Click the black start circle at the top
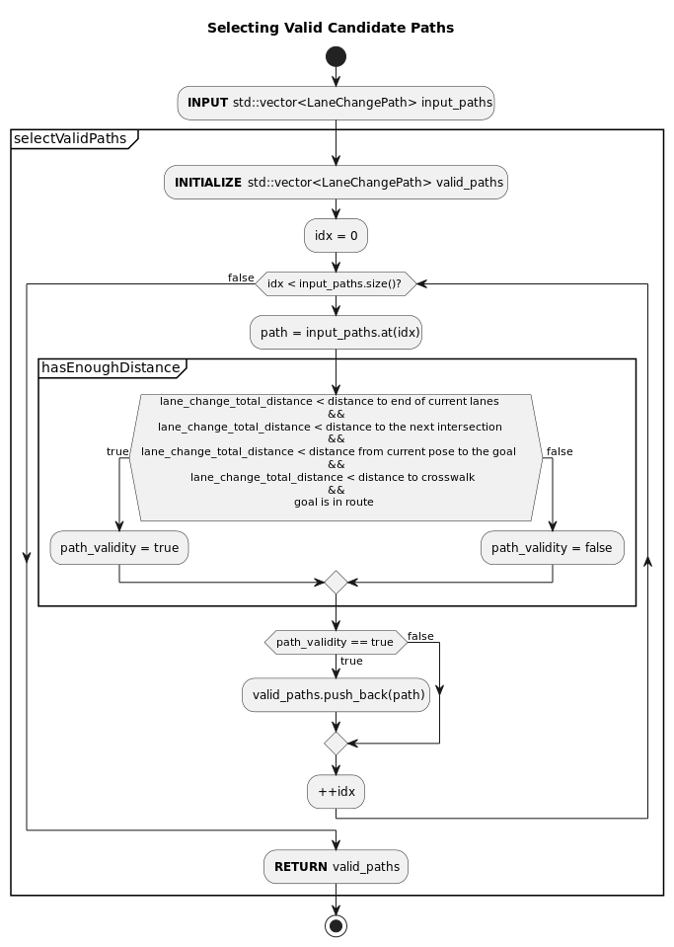point(336,56)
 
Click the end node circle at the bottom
point(336,925)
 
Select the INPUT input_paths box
point(336,103)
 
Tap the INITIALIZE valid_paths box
point(336,183)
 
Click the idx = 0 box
point(336,236)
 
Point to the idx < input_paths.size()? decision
point(336,284)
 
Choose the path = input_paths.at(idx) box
point(336,333)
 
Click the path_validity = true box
point(119,548)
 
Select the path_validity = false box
point(552,548)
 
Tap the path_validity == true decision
point(336,643)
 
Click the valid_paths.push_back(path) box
point(336,695)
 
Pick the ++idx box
point(336,792)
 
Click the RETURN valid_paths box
point(336,867)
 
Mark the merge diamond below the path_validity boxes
point(336,583)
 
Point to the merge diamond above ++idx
point(336,743)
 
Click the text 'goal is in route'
point(334,503)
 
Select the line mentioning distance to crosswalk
point(333,477)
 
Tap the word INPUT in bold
point(207,103)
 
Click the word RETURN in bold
point(300,867)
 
